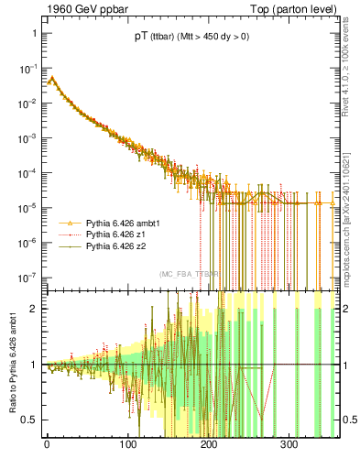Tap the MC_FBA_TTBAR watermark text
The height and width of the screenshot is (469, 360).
click(189, 274)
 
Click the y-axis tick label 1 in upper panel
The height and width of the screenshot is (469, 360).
click(33, 33)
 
